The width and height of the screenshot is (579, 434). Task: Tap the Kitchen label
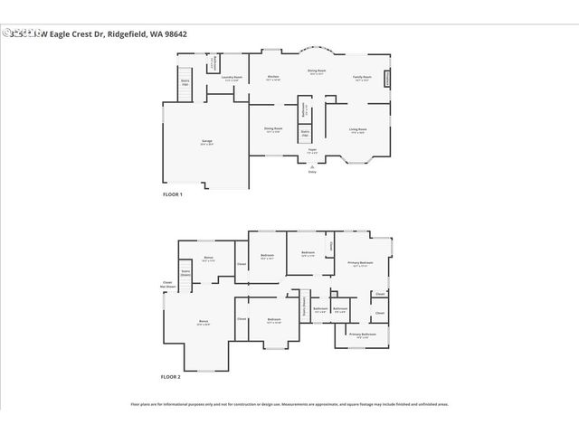click(272, 78)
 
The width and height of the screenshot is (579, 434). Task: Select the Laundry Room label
click(233, 78)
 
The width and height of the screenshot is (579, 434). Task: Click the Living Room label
click(358, 130)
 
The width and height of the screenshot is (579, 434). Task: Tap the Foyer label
click(311, 152)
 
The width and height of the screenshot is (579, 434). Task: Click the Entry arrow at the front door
click(312, 169)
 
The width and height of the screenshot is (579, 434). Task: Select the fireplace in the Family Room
click(388, 80)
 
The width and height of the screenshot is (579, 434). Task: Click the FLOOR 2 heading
click(171, 376)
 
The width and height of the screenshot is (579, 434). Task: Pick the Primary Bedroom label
click(360, 264)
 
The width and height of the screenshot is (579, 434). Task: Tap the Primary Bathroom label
click(363, 335)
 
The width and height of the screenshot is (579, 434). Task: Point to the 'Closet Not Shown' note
click(168, 284)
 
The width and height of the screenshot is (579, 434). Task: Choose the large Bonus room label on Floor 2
click(204, 322)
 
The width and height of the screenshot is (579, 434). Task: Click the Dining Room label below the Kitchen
click(272, 129)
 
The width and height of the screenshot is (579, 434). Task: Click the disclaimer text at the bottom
click(289, 404)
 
